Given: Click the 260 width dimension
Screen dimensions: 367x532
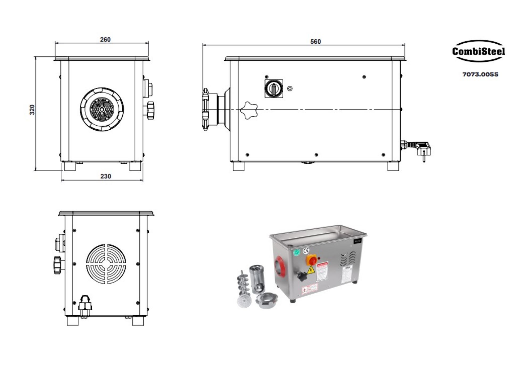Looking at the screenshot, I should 105,39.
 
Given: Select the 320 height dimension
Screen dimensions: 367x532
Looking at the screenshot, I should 32,110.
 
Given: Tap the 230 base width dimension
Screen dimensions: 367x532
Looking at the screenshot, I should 105,176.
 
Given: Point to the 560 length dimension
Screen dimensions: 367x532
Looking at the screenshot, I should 315,42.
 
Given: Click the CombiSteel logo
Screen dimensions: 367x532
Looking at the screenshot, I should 478,51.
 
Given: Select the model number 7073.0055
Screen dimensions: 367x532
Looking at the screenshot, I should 480,75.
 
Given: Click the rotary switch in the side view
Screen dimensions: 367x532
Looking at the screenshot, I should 274,88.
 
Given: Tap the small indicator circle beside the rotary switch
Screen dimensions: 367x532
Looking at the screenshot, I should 290,88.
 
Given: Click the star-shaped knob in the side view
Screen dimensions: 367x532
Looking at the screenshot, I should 249,110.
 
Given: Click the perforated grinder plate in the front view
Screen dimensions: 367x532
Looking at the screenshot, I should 102,109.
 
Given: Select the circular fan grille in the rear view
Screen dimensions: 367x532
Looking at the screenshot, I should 106,264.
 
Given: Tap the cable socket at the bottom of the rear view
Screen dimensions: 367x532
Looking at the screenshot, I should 85,303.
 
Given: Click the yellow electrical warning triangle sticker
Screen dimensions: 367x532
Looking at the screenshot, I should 311,270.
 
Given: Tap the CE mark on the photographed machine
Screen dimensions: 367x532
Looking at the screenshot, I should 306,250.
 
